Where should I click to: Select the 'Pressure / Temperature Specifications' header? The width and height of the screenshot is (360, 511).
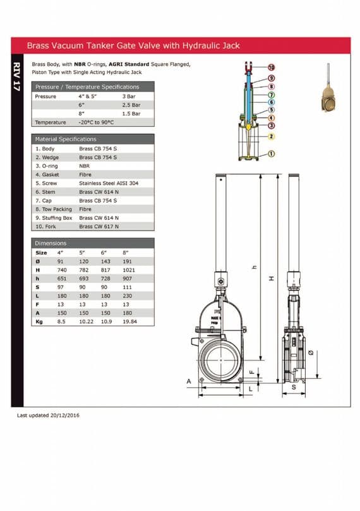(87, 87)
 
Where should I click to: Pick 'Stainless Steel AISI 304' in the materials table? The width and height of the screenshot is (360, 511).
(108, 183)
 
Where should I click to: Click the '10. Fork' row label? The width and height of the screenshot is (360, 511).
(45, 225)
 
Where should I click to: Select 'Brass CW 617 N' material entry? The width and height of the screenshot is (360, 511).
(99, 225)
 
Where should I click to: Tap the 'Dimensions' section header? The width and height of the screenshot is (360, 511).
(51, 243)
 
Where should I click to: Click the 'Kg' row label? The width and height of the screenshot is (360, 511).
(39, 322)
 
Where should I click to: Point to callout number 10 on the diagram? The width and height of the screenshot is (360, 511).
(272, 68)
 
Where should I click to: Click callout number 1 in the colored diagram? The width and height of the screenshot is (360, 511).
(272, 153)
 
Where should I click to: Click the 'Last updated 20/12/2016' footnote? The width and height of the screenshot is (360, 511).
(48, 415)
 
